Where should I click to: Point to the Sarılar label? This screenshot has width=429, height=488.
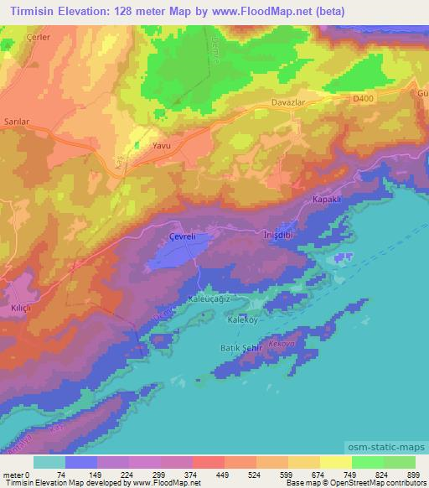pyautogui.click(x=17, y=122)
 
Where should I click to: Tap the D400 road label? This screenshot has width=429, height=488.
pyautogui.click(x=362, y=98)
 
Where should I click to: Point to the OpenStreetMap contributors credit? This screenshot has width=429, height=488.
pyautogui.click(x=380, y=483)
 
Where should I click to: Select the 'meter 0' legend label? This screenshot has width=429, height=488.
pyautogui.click(x=17, y=475)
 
